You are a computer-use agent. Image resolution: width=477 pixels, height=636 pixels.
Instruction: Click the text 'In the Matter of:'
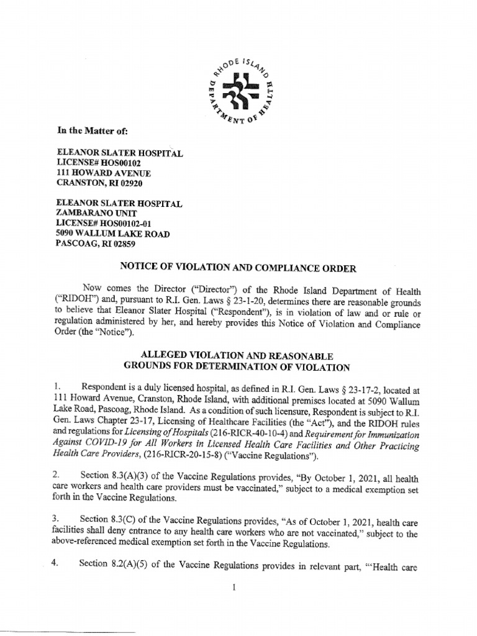tap(91, 131)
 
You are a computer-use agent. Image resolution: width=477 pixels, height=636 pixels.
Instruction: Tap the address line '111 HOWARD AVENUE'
tap(104, 173)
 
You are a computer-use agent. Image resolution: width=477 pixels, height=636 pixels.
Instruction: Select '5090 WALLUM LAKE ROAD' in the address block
tap(112, 234)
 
